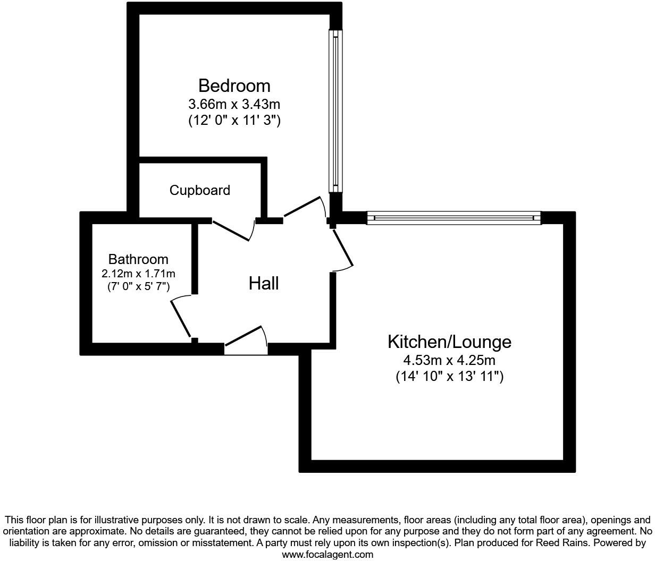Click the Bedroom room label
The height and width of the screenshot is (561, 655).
click(234, 86)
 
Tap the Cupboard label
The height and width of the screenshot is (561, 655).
click(200, 190)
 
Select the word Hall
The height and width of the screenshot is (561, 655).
click(264, 284)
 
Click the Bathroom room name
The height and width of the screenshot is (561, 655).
click(138, 259)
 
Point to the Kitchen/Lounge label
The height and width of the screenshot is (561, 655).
click(449, 342)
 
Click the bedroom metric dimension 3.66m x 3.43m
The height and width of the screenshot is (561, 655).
click(234, 104)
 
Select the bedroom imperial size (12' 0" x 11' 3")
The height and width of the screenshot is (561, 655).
click(234, 120)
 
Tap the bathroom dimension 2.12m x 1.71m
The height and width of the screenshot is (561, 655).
click(138, 274)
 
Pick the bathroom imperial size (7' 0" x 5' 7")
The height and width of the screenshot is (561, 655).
click(138, 287)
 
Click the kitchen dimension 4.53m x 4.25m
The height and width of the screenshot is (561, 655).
click(449, 360)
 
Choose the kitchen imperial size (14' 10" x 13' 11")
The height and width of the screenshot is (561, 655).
click(449, 377)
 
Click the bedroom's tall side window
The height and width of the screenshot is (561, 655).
click(335, 110)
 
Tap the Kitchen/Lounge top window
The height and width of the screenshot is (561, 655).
click(454, 218)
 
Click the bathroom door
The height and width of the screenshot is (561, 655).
click(181, 318)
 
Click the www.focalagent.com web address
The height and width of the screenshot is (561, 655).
click(327, 555)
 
